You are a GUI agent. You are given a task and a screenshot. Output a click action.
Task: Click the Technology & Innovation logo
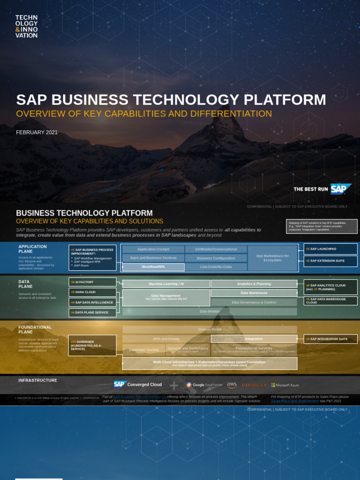click(x=26, y=26)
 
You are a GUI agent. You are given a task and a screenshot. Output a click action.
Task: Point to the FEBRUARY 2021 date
click(x=37, y=133)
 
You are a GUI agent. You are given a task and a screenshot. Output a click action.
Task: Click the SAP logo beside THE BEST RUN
click(x=341, y=189)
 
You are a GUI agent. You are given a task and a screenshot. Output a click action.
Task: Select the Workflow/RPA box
click(x=153, y=267)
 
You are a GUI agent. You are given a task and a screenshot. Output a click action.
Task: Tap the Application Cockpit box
click(x=153, y=249)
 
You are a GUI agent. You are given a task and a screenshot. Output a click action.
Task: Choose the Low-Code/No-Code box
click(x=216, y=267)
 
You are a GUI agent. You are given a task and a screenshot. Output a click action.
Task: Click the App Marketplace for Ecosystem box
click(x=272, y=258)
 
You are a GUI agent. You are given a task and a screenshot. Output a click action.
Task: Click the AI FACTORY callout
click(x=92, y=282)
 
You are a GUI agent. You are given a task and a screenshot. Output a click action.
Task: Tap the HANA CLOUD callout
click(x=92, y=292)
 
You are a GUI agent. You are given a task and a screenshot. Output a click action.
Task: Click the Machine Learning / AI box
click(x=166, y=284)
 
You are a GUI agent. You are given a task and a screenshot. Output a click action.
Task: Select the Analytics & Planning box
click(x=254, y=284)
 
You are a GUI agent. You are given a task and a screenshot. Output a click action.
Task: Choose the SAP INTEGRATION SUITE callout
click(x=327, y=339)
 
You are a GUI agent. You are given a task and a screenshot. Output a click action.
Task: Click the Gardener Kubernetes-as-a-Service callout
click(x=92, y=345)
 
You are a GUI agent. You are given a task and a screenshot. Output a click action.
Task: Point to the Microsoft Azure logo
click(x=285, y=385)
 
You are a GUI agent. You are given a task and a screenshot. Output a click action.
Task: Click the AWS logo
click(x=232, y=385)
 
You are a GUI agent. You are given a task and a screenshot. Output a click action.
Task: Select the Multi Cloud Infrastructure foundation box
click(x=209, y=363)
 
